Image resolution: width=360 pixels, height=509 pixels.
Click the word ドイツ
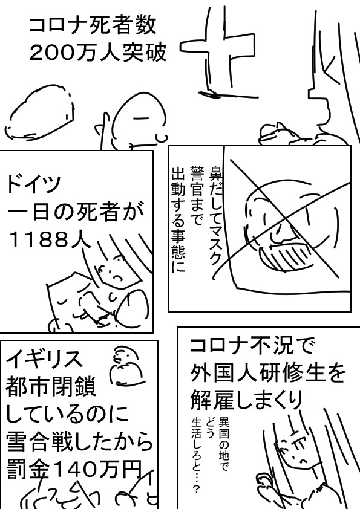click(33, 184)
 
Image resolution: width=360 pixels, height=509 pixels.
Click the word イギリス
click(44, 358)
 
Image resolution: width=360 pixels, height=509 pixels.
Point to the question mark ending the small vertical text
click(196, 489)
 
